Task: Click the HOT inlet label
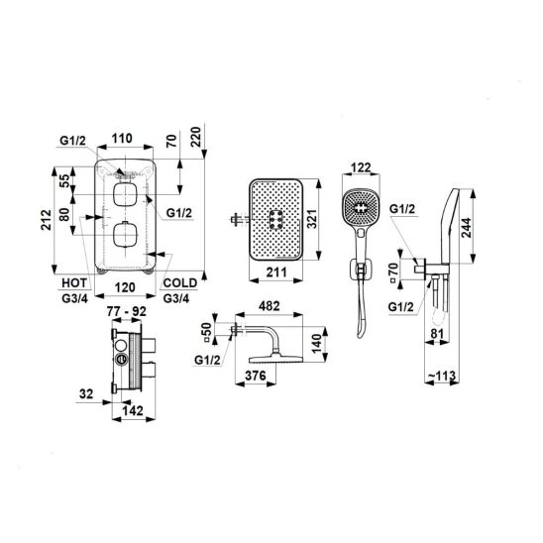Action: point(74,283)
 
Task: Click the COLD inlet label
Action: point(180,283)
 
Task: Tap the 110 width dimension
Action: point(122,138)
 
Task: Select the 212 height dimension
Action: point(46,220)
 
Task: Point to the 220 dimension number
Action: point(196,137)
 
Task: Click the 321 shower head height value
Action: point(312,218)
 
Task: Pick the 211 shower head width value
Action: point(276,272)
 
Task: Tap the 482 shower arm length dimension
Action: point(270,306)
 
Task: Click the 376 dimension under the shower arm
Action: point(256,376)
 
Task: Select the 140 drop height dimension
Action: point(317,344)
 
